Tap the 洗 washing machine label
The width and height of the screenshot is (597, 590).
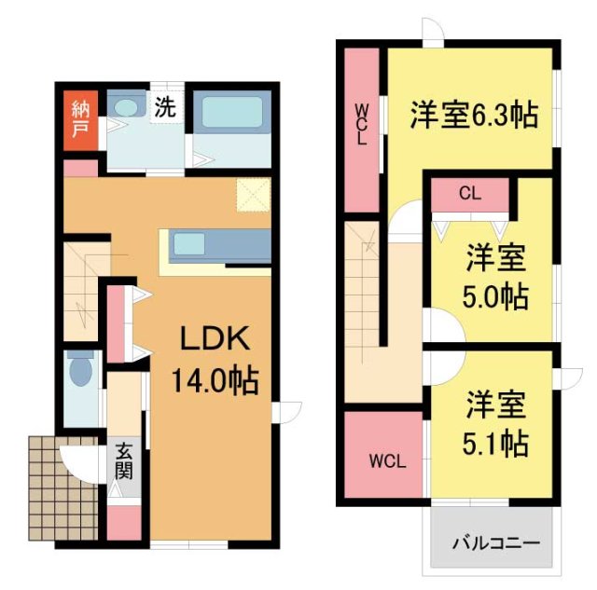[x=164, y=107]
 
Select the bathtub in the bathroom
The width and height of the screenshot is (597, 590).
[x=232, y=117]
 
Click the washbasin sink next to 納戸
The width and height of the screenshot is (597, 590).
[x=121, y=108]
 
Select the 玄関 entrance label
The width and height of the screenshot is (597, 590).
[x=123, y=460]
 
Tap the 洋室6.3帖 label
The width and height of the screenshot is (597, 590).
[x=473, y=116]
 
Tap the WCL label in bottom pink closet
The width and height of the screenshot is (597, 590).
[x=385, y=460]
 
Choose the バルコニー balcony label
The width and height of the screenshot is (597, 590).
[x=496, y=542]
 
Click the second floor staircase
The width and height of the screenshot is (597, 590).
[x=365, y=289]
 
